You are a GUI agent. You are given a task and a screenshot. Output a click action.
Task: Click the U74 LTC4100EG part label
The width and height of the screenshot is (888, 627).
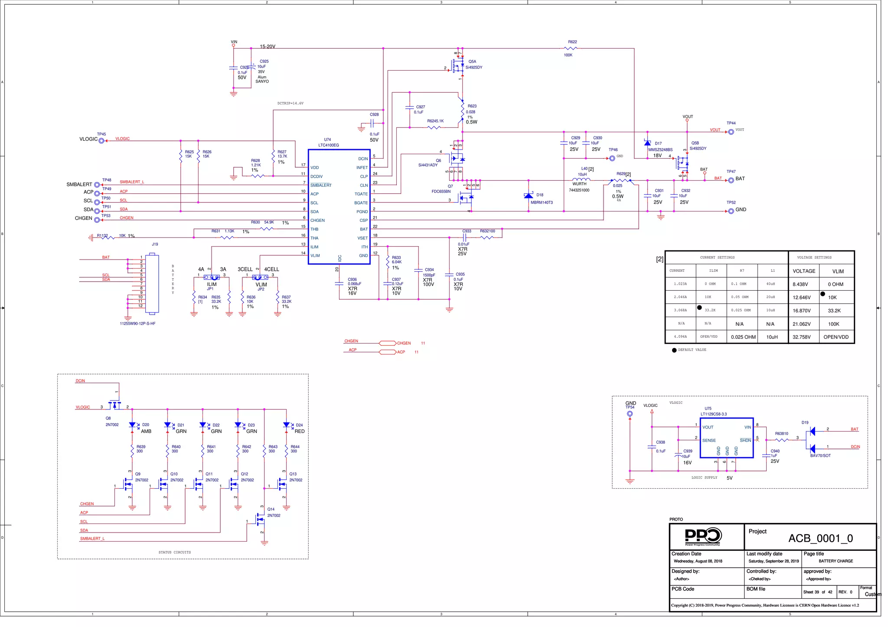328,143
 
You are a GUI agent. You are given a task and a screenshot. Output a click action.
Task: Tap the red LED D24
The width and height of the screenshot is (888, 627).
286,426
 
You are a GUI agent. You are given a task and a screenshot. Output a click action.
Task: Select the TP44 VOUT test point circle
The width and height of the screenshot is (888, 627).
731,132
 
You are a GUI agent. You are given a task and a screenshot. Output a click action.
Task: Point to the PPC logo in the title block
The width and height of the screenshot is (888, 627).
703,536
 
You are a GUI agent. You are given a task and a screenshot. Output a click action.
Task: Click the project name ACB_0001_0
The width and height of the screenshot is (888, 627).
820,539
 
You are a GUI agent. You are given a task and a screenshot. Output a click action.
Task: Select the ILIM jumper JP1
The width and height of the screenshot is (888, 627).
212,277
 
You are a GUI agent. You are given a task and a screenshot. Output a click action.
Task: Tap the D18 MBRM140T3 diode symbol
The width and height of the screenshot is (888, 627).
529,196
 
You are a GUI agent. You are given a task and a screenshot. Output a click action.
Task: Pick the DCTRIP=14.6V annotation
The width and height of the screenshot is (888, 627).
290,104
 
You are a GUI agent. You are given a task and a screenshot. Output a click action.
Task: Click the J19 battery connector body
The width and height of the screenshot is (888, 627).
152,284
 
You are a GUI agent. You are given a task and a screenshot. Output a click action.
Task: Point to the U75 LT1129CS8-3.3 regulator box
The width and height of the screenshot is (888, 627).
727,438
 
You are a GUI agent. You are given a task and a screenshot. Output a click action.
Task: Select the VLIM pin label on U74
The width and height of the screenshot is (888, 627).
315,256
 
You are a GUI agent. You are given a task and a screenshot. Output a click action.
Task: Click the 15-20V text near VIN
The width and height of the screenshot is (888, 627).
268,46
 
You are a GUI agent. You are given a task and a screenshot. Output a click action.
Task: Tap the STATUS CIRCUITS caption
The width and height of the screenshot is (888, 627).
174,552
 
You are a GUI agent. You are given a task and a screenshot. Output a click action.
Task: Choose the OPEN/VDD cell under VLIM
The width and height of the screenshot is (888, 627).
836,337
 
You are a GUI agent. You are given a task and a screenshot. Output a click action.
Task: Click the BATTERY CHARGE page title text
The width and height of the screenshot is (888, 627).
836,561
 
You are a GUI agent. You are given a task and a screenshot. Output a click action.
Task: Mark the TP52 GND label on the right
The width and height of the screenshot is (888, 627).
741,210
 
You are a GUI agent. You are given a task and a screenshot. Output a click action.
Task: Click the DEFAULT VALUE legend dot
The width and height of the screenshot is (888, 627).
674,350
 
